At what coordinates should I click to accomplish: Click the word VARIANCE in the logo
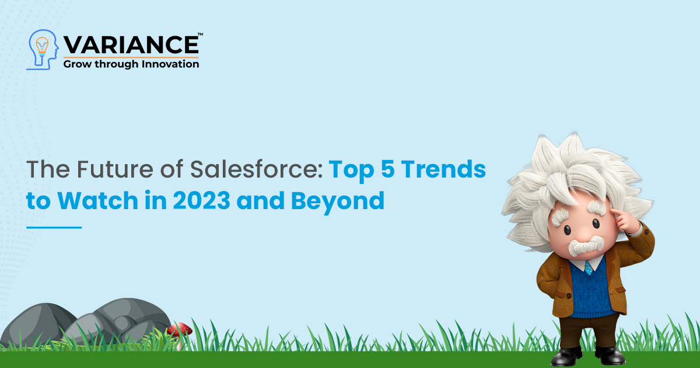(x=131, y=46)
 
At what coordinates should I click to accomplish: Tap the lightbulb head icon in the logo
(x=42, y=49)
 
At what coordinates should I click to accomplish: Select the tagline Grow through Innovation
(x=131, y=64)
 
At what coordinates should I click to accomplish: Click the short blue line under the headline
(x=54, y=227)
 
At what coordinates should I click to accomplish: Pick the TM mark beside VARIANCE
(x=201, y=35)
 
